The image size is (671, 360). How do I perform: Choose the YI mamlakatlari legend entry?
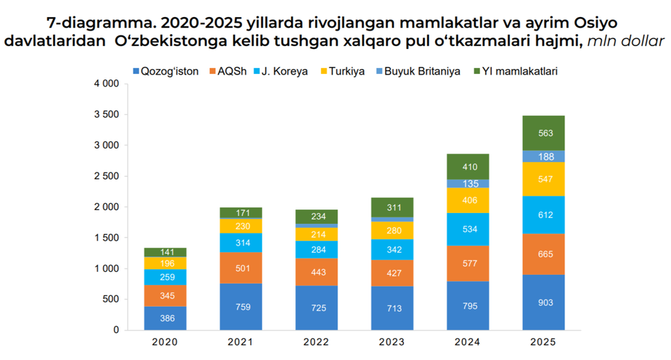(518, 71)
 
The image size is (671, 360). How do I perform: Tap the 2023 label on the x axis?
(391, 342)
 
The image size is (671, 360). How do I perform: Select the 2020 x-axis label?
(165, 342)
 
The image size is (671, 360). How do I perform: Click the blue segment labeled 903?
(543, 302)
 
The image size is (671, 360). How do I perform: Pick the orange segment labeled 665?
(543, 254)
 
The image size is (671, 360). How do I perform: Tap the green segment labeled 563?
(543, 133)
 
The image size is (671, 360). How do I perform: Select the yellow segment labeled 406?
(468, 200)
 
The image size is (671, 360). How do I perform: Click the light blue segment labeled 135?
(468, 183)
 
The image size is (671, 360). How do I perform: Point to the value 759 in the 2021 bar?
(241, 307)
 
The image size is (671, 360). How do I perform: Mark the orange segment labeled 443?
(316, 272)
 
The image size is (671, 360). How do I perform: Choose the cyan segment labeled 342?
(392, 249)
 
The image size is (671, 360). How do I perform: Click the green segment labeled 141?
(165, 252)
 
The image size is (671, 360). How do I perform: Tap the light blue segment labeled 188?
(543, 156)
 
